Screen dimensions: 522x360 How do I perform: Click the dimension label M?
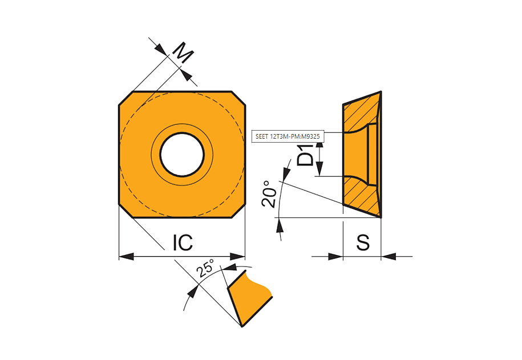pyautogui.click(x=183, y=52)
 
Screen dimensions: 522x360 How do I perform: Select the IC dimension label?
pyautogui.click(x=183, y=242)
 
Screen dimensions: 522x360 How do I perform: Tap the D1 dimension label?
pyautogui.click(x=305, y=155)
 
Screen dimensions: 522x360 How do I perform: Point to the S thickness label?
pyautogui.click(x=363, y=242)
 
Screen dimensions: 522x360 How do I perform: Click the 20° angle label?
pyautogui.click(x=269, y=194)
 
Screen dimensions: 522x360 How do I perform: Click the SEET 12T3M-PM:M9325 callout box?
pyautogui.click(x=288, y=136)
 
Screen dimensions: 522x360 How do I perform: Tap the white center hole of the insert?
pyautogui.click(x=182, y=155)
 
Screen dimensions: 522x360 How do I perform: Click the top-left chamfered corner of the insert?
pyautogui.click(x=126, y=99)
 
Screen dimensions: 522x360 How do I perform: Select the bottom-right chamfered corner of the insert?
pyautogui.click(x=238, y=211)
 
